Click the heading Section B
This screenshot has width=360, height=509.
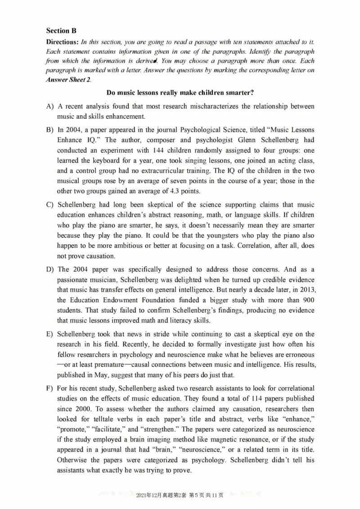[x=61, y=31]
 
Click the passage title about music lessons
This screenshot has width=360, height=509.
[x=180, y=93]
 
